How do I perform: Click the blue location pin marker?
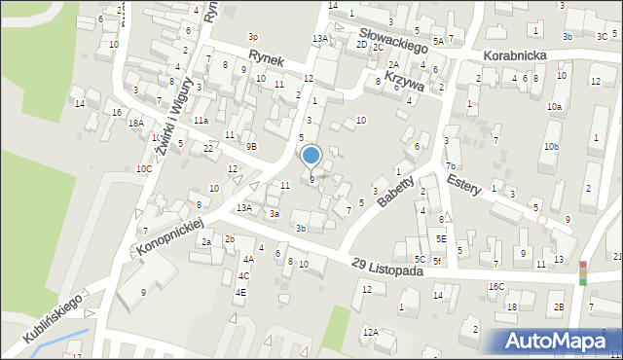pyautogui.click(x=311, y=156)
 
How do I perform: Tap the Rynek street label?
pyautogui.click(x=266, y=58)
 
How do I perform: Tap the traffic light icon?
pyautogui.click(x=583, y=272)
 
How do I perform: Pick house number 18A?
pyautogui.click(x=136, y=123)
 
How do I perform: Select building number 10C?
pyautogui.click(x=143, y=168)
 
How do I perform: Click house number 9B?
pyautogui.click(x=251, y=146)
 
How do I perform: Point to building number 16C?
pyautogui.click(x=496, y=286)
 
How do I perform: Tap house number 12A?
pyautogui.click(x=371, y=332)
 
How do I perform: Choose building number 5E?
pyautogui.click(x=441, y=238)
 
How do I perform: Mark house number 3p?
pyautogui.click(x=253, y=36)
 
